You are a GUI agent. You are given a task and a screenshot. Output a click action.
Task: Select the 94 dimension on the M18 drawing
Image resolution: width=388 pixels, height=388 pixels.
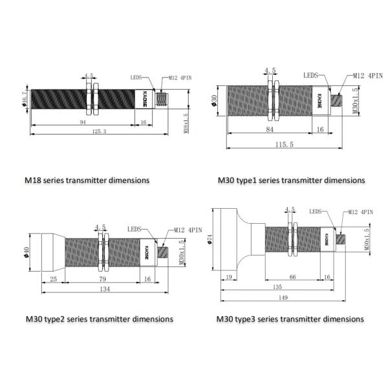point(83,122)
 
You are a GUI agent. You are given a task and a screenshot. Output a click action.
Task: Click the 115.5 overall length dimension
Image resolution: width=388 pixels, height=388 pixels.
point(283,144)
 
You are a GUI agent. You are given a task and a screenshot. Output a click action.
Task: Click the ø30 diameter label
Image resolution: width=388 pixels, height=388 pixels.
point(215,102)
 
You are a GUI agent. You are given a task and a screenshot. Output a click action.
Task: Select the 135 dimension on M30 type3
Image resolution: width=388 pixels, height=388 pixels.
point(278,287)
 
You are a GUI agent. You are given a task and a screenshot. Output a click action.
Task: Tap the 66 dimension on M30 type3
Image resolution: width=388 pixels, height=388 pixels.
point(292,277)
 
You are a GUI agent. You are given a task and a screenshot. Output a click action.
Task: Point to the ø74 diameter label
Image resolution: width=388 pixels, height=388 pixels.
point(210,240)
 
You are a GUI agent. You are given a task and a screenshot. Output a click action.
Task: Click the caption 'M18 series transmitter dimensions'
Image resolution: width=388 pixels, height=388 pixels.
point(87,180)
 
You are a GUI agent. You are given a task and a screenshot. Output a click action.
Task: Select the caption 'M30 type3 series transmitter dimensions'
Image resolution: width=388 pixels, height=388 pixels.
point(290,319)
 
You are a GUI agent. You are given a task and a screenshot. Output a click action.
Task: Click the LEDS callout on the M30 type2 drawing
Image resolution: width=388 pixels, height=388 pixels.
point(135,228)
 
